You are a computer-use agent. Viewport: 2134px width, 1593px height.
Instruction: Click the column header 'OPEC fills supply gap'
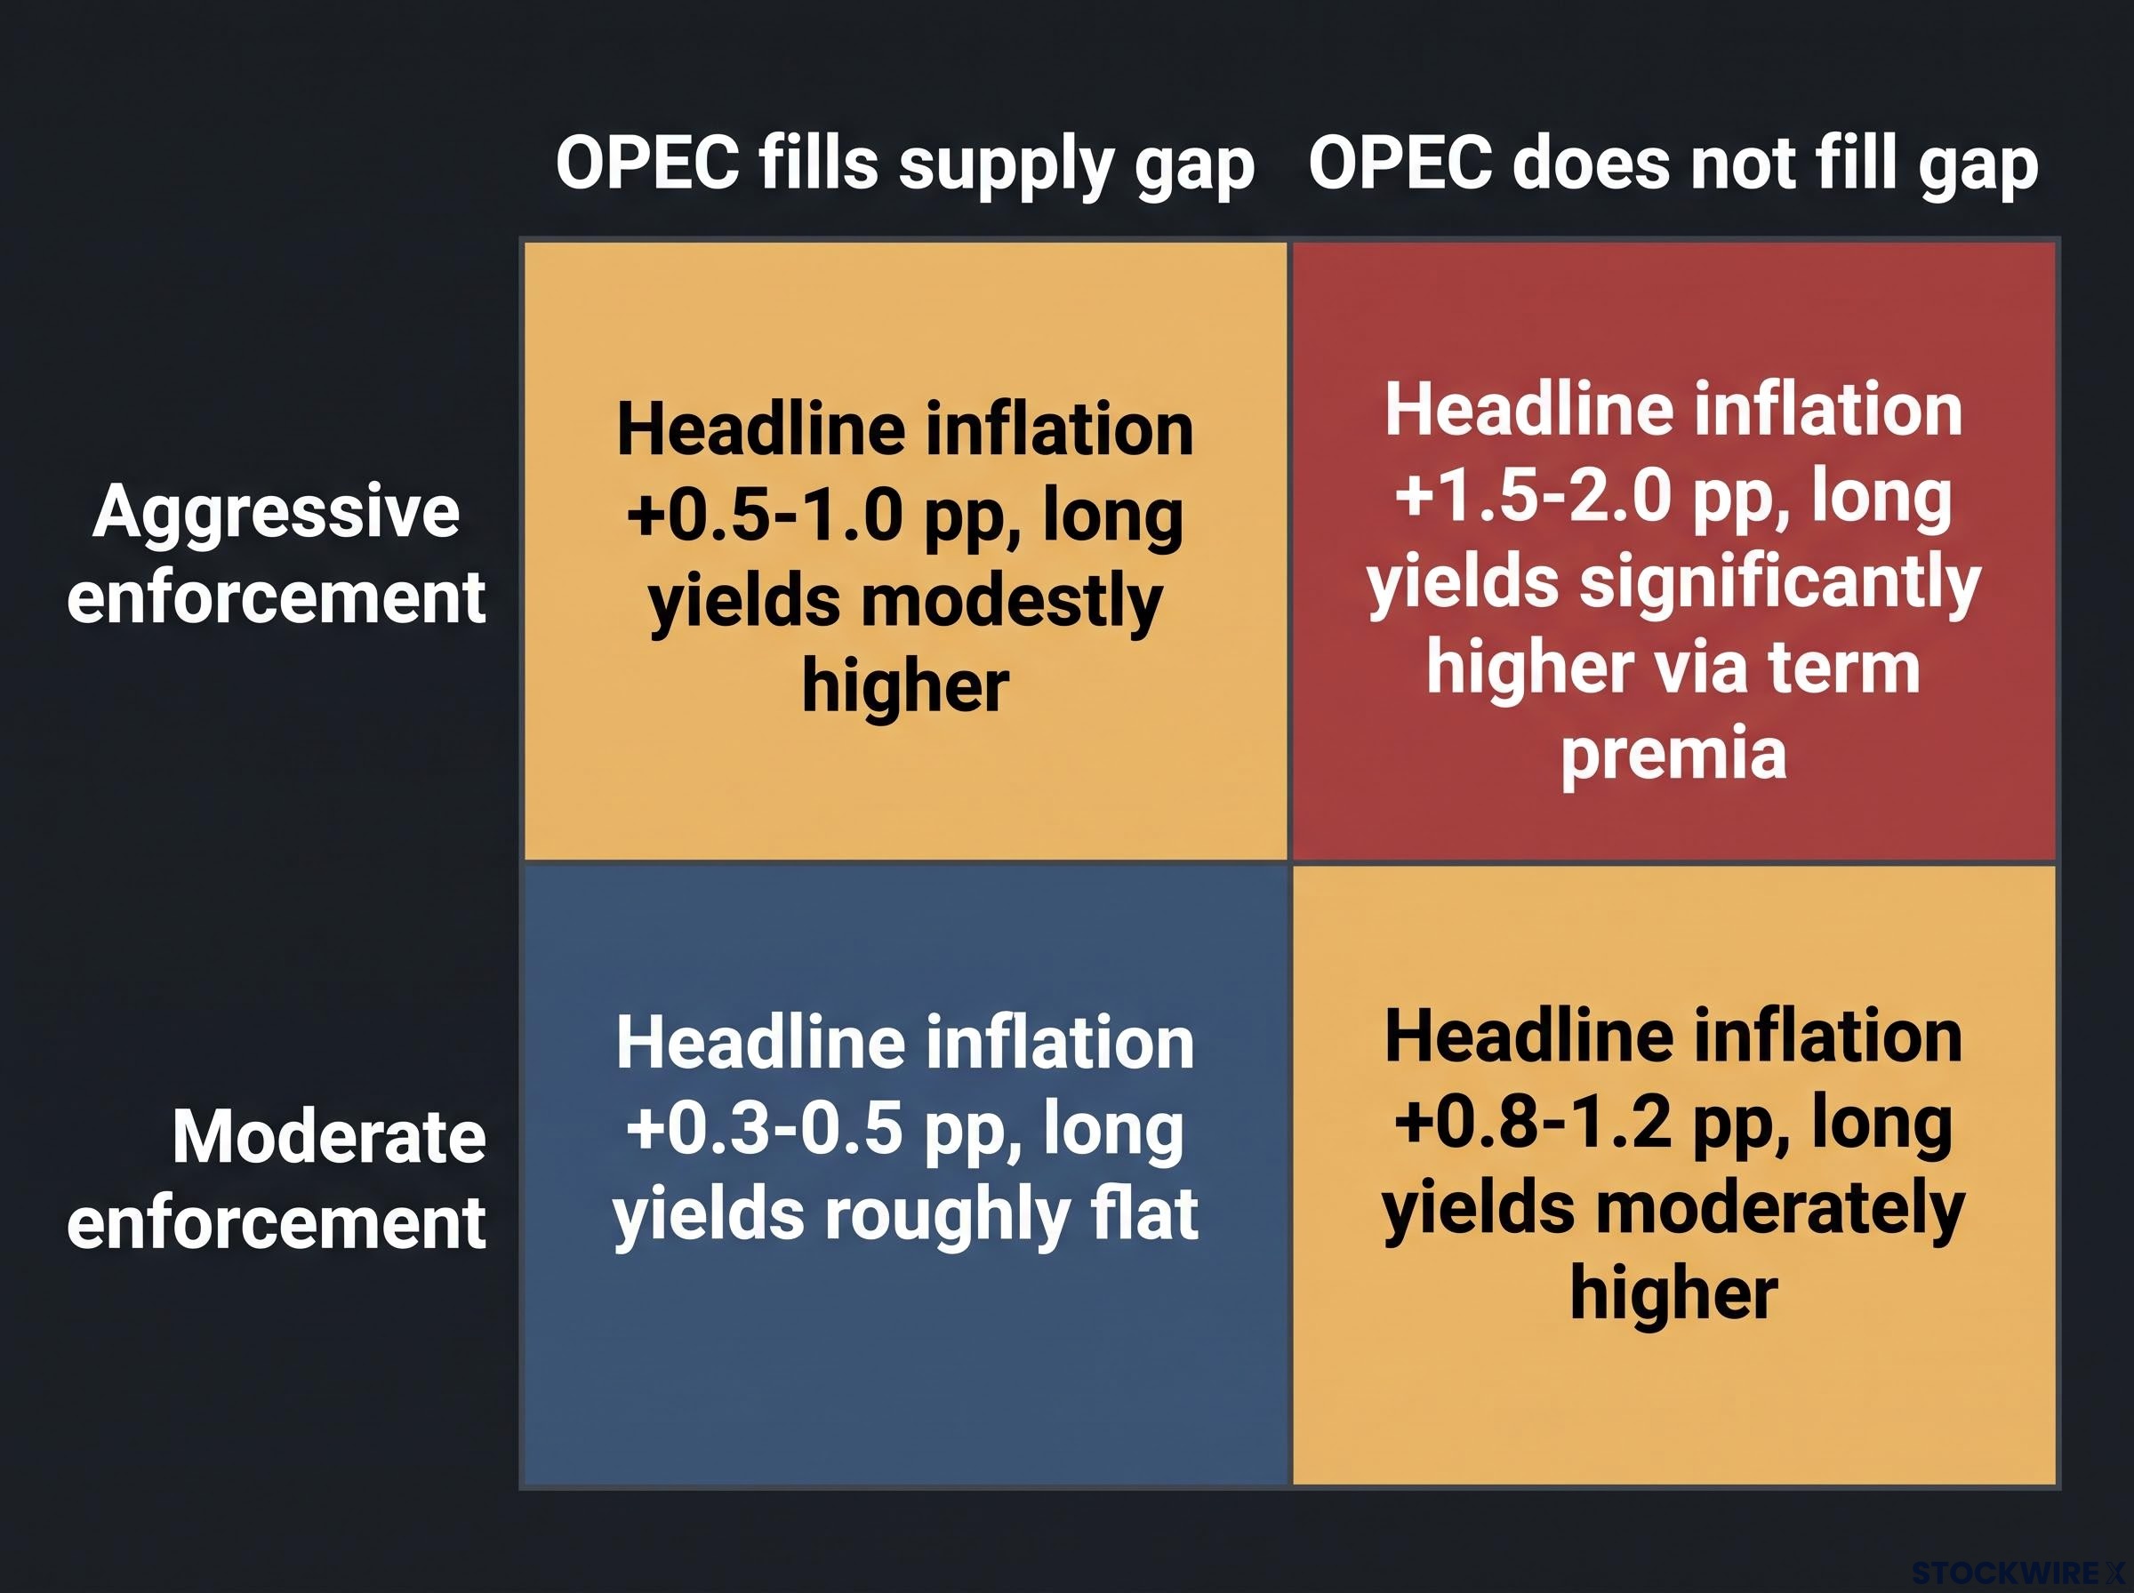point(904,164)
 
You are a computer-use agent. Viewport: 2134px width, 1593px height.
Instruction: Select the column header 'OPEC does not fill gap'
point(1673,164)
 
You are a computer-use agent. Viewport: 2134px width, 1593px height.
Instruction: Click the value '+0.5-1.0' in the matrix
point(765,516)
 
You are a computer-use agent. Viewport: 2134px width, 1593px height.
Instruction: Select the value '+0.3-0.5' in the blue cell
point(765,1129)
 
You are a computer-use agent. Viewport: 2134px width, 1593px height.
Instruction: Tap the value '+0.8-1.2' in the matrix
point(1533,1123)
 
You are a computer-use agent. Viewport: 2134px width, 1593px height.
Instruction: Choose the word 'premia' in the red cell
point(1674,755)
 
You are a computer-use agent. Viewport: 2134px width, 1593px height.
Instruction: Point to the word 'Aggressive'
point(276,514)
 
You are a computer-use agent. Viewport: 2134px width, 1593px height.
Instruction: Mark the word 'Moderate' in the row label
point(329,1137)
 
